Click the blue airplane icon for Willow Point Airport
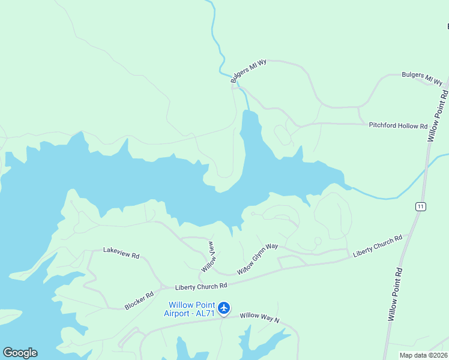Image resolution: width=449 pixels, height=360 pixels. point(224,308)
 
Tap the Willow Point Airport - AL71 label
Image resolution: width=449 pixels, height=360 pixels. point(189,309)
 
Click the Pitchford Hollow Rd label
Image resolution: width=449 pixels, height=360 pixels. point(398,126)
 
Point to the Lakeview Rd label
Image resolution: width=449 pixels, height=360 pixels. point(121,253)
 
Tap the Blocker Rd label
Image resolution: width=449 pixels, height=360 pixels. point(139,301)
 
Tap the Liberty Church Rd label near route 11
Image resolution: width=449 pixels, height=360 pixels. point(377,246)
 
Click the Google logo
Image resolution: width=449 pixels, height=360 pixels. point(20,353)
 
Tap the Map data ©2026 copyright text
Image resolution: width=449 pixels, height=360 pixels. point(424,355)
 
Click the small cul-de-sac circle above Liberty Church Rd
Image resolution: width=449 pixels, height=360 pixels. point(318,241)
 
